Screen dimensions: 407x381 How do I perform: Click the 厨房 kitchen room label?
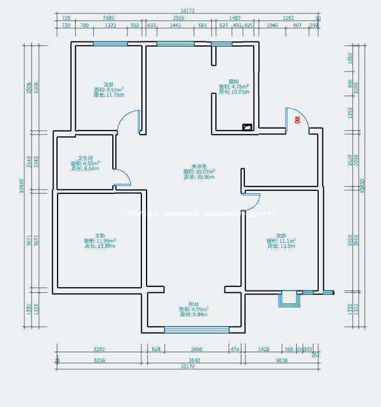tap(233, 82)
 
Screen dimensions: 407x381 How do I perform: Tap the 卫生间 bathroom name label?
tap(86, 158)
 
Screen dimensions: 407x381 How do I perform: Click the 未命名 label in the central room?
tap(199, 167)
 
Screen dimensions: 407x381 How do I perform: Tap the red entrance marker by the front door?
tap(297, 120)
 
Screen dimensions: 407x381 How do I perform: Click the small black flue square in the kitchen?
tap(247, 126)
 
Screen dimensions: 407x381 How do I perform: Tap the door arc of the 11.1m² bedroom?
tap(251, 201)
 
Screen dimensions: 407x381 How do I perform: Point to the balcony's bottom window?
tap(189, 330)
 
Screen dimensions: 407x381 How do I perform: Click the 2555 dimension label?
tap(179, 18)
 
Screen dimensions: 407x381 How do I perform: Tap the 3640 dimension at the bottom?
tap(194, 360)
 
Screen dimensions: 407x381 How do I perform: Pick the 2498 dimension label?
tap(197, 349)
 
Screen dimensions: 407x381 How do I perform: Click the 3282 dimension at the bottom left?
tap(99, 349)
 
